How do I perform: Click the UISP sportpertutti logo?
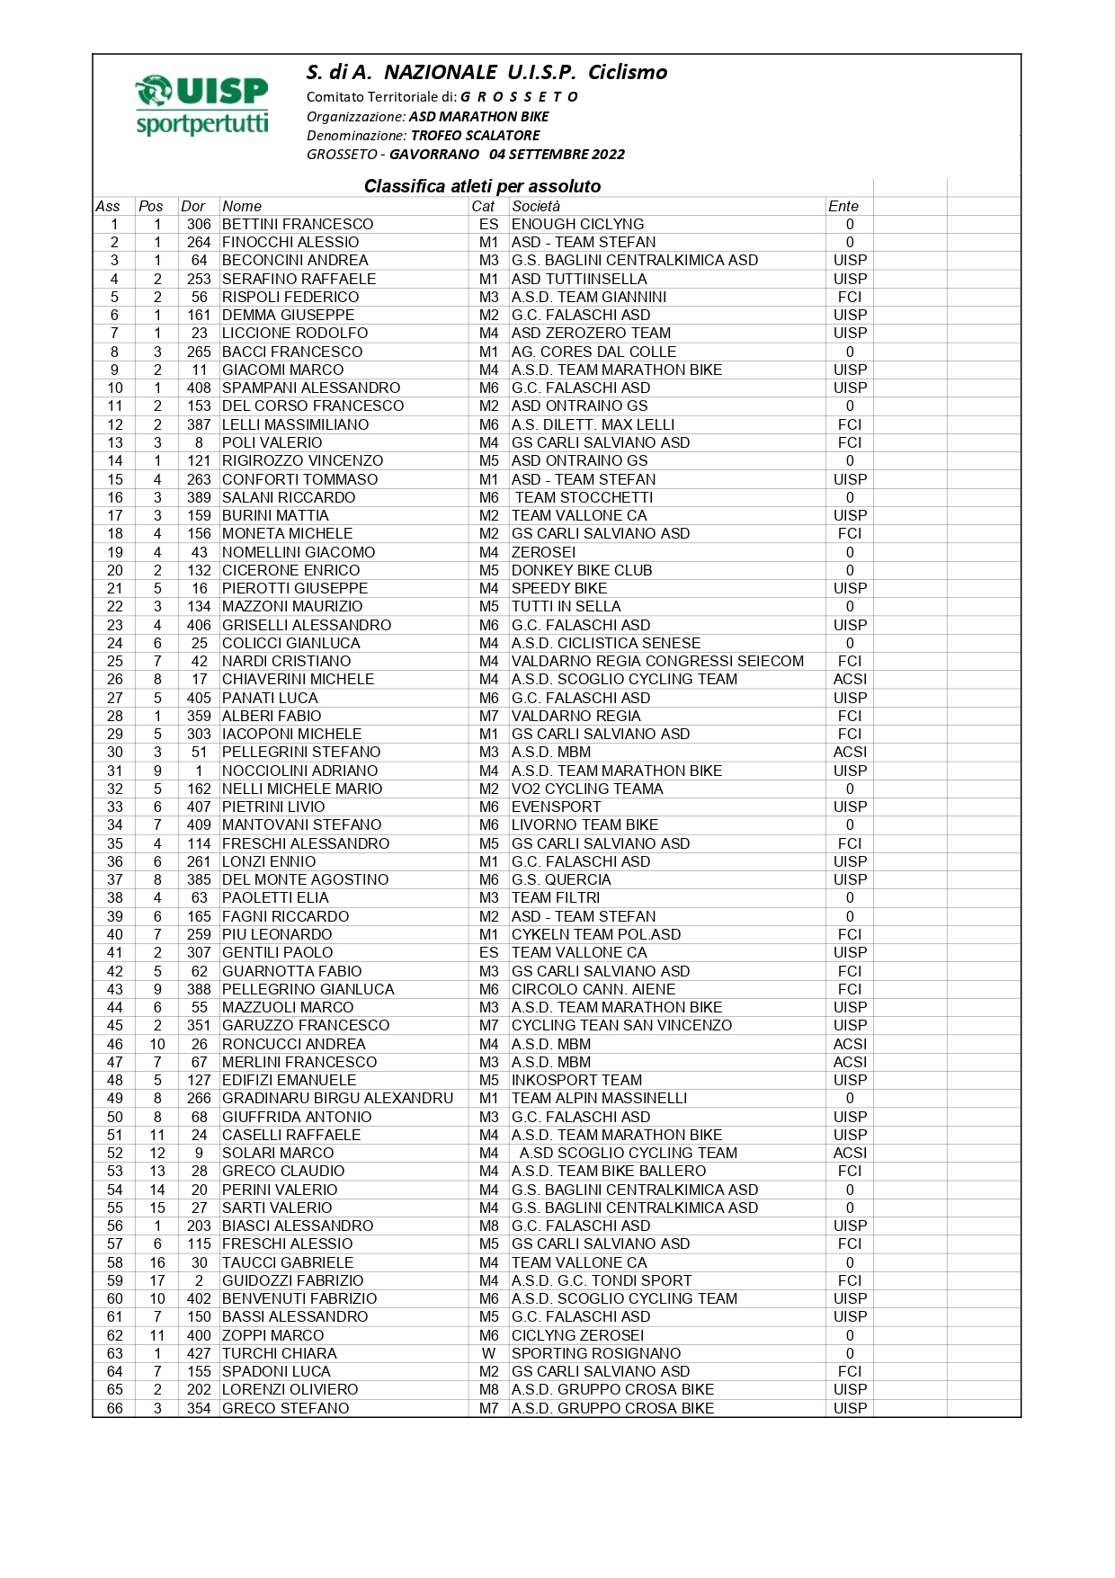click(x=201, y=106)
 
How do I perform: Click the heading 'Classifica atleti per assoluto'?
click(x=482, y=186)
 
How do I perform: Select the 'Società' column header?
click(x=536, y=206)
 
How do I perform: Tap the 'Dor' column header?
click(x=192, y=206)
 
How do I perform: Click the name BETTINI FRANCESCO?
click(x=298, y=224)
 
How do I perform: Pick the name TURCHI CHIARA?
click(x=280, y=1353)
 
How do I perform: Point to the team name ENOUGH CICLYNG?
click(x=577, y=224)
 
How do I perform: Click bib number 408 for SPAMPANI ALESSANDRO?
click(x=199, y=388)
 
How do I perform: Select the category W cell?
click(x=488, y=1353)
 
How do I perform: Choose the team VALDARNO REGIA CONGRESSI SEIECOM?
click(x=657, y=661)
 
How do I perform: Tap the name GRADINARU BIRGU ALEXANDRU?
click(x=338, y=1098)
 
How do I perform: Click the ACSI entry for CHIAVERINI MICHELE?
click(x=850, y=679)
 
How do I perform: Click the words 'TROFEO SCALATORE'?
click(x=476, y=135)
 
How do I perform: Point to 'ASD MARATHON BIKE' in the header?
click(x=478, y=116)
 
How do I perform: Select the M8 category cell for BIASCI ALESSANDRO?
click(x=488, y=1226)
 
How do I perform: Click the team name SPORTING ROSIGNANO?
click(x=596, y=1353)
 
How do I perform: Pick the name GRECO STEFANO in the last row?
click(x=286, y=1408)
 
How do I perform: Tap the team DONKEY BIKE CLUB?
click(x=582, y=570)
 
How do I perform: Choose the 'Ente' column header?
click(x=843, y=206)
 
